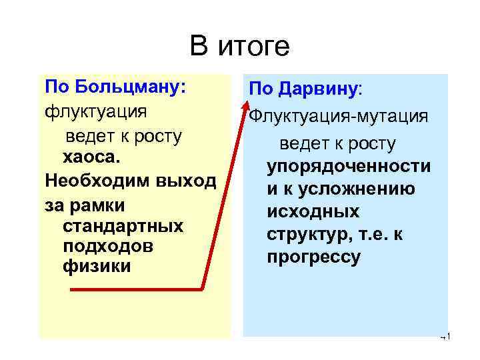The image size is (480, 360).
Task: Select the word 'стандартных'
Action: pyautogui.click(x=123, y=225)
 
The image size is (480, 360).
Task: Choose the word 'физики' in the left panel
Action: pyautogui.click(x=97, y=267)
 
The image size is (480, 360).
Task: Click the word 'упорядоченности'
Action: pyautogui.click(x=349, y=167)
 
